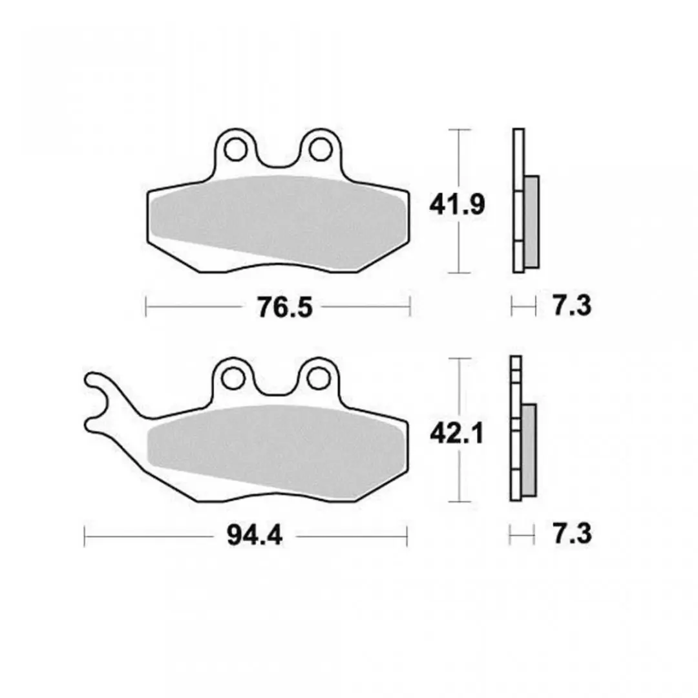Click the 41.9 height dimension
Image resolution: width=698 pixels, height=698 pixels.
pyautogui.click(x=457, y=206)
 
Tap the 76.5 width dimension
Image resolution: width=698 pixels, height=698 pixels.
pyautogui.click(x=285, y=307)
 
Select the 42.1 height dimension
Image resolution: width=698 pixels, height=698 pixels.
pyautogui.click(x=457, y=434)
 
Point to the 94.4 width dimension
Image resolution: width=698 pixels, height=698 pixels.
pyautogui.click(x=255, y=536)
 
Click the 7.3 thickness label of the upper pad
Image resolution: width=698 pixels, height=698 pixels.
pyautogui.click(x=572, y=306)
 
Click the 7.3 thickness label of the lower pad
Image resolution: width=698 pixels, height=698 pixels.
pyautogui.click(x=572, y=534)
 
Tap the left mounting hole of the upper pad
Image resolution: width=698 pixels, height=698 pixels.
pyautogui.click(x=236, y=149)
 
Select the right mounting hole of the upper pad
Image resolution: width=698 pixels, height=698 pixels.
pyautogui.click(x=321, y=149)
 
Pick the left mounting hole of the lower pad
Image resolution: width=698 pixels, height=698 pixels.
pyautogui.click(x=233, y=378)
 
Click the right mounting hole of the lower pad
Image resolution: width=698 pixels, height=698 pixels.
pyautogui.click(x=319, y=378)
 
